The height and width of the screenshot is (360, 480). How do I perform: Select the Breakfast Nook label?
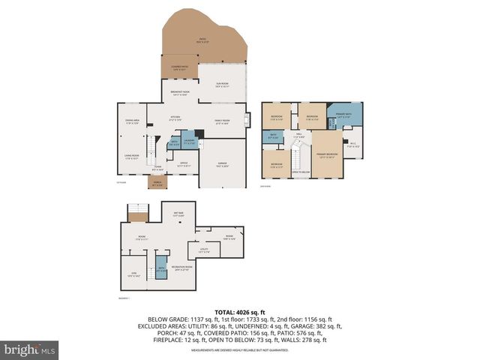(180, 93)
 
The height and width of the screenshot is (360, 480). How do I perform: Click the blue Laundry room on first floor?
(189, 141)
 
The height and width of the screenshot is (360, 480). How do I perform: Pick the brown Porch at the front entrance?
(157, 184)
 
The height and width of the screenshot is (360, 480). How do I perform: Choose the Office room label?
(182, 163)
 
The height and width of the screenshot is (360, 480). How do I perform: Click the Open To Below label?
(301, 172)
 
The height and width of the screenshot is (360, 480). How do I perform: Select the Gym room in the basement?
(133, 275)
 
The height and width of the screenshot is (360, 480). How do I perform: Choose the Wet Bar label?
(178, 214)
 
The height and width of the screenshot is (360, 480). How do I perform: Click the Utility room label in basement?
(203, 251)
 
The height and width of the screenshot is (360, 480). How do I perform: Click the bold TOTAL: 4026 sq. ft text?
(240, 311)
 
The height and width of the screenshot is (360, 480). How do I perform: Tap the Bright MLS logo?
(30, 349)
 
